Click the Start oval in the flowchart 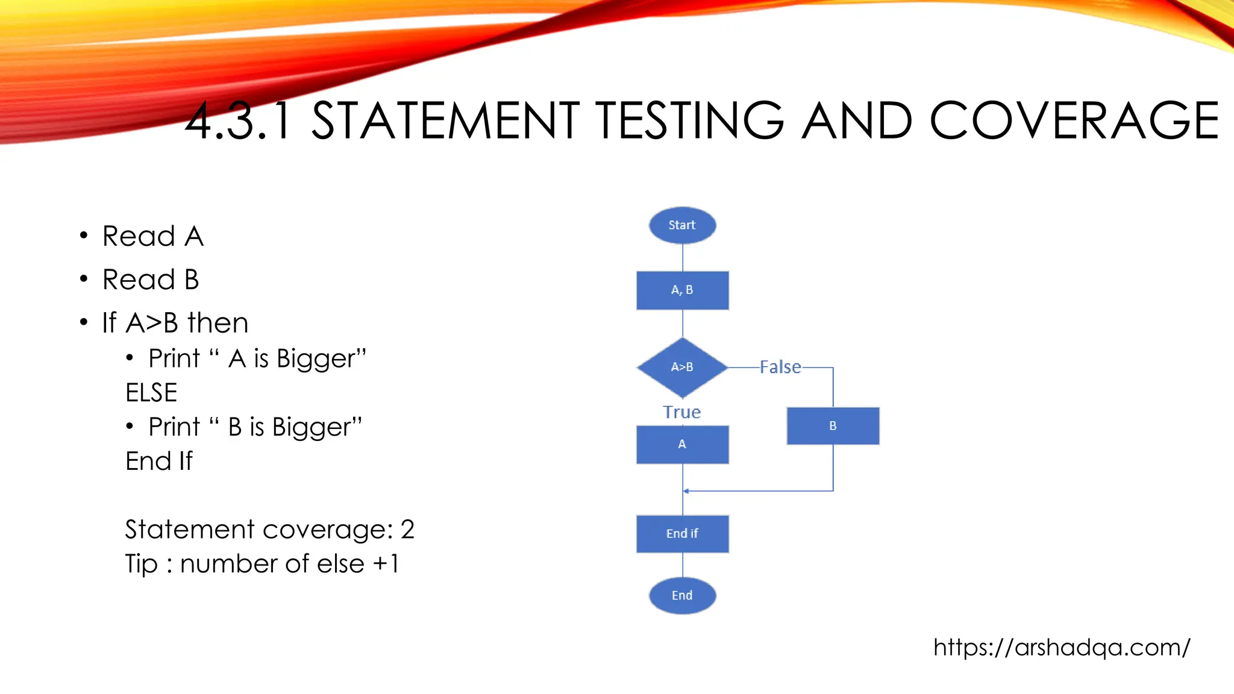click(682, 225)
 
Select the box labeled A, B click(682, 290)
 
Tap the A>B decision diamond click(682, 367)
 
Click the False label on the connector click(780, 367)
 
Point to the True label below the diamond click(681, 412)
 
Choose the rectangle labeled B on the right click(833, 426)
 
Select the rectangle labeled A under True click(682, 445)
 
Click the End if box click(682, 534)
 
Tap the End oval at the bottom click(682, 595)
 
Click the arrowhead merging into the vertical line click(686, 491)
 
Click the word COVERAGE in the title click(1074, 120)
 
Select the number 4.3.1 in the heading click(239, 122)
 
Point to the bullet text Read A click(153, 236)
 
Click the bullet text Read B click(151, 280)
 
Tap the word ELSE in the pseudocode click(151, 393)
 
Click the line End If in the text click(159, 461)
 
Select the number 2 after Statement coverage click(407, 530)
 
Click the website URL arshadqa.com click(1062, 647)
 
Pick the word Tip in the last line click(141, 564)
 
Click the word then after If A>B click(218, 323)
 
